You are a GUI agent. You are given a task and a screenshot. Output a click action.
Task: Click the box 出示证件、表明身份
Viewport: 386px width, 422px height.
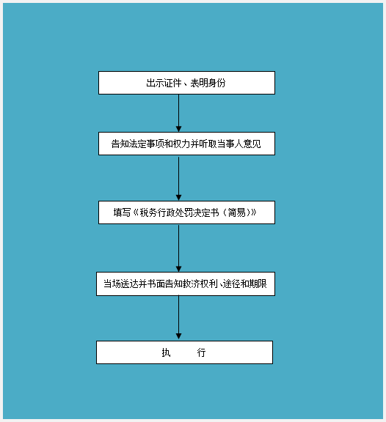pos(186,83)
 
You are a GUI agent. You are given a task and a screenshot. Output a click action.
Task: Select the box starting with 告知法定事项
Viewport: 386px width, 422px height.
pos(186,144)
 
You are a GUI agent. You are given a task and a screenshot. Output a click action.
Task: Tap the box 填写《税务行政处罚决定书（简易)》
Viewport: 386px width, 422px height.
pos(186,212)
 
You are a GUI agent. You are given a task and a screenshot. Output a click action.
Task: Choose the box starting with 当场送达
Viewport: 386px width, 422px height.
pos(186,284)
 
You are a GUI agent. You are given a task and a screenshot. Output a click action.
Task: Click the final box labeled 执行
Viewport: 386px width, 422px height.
pos(184,352)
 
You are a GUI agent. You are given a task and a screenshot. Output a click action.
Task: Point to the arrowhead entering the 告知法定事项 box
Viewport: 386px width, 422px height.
pos(178,129)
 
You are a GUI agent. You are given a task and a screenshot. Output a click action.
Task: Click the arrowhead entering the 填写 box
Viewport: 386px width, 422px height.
pos(178,198)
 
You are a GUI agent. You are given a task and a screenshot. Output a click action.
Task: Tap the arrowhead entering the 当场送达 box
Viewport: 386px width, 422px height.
pos(178,269)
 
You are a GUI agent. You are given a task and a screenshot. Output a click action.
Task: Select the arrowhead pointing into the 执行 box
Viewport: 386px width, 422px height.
pos(178,336)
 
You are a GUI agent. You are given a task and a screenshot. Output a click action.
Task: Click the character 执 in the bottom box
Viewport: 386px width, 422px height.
pos(166,352)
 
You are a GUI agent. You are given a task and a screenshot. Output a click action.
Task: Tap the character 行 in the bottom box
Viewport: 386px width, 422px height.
pos(201,352)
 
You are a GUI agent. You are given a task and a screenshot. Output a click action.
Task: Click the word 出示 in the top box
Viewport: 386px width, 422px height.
pos(155,83)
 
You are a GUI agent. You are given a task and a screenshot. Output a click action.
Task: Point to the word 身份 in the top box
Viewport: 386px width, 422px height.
pos(216,83)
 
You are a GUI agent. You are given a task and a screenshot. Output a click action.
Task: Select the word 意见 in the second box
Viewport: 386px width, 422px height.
pos(252,144)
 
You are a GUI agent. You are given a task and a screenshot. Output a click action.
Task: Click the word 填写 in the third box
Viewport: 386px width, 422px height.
pos(122,212)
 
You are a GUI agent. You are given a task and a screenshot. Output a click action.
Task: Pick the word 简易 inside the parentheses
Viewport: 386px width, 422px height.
pos(237,212)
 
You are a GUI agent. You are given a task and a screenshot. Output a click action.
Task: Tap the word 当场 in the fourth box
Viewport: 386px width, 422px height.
pos(112,284)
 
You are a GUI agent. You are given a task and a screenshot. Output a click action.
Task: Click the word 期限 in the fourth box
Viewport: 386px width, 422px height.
pos(258,284)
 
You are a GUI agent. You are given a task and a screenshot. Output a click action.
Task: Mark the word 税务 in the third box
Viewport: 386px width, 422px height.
pos(148,212)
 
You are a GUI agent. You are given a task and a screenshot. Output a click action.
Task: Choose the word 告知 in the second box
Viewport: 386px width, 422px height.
pos(120,144)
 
